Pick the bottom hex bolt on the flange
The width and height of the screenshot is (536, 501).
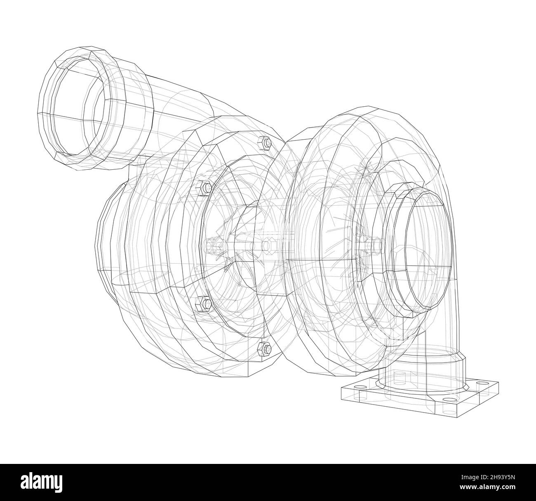(264, 349)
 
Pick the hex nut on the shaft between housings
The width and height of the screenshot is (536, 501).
(267, 246)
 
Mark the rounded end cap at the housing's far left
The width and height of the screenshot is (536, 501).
(105, 239)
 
